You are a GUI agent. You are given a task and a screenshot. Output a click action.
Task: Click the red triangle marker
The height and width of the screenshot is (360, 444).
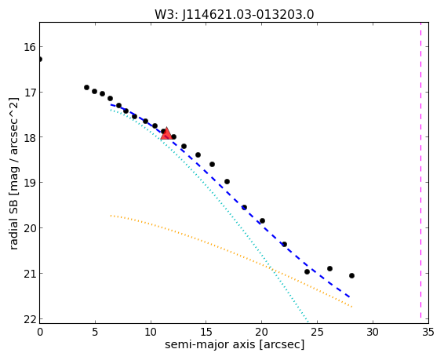point(166,134)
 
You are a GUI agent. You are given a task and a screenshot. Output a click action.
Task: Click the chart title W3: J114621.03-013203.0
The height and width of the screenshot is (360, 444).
point(235,14)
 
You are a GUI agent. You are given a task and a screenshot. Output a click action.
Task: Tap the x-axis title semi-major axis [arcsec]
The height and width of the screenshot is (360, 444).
point(235,344)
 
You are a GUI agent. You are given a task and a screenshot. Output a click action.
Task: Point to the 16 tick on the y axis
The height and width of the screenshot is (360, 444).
point(30,47)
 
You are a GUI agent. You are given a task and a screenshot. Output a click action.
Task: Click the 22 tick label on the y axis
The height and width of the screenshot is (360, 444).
point(30,319)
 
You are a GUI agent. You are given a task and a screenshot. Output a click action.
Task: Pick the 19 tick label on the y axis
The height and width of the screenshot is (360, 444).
point(30,183)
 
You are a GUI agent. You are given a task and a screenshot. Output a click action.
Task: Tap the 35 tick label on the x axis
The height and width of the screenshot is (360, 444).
point(428,332)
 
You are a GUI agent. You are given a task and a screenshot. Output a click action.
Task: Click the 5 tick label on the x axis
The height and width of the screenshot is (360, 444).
point(95,332)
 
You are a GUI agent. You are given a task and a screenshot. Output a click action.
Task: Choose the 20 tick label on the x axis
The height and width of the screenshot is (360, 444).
point(261,332)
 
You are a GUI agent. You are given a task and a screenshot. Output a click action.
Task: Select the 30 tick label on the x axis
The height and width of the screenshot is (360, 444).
point(373,332)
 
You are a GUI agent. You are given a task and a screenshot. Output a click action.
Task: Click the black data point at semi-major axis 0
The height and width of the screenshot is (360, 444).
point(40,59)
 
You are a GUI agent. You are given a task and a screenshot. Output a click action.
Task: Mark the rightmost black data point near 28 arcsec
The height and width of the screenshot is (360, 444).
point(351,275)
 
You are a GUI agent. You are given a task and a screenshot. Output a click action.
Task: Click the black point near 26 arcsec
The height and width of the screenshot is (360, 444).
point(329,268)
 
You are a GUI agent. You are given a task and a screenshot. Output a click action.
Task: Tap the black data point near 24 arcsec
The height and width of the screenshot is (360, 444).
point(307,271)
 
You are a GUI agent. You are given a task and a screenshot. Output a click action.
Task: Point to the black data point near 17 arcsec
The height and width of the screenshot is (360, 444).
point(227,181)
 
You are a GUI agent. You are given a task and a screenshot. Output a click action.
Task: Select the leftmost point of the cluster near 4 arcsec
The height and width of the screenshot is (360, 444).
point(86,88)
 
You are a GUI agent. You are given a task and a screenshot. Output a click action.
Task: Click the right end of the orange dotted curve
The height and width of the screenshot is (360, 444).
point(351,307)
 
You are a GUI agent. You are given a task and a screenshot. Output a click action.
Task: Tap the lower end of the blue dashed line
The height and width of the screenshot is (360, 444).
point(350,297)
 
